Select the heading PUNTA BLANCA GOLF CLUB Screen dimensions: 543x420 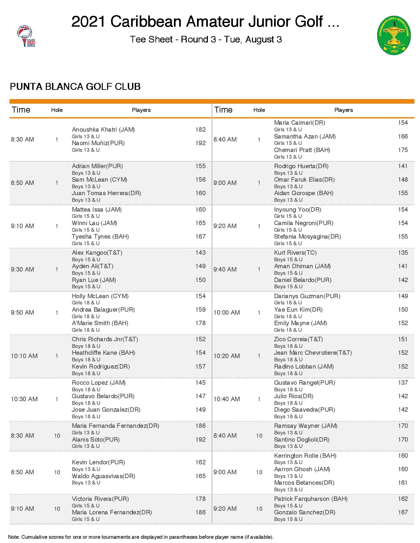pyautogui.click(x=75, y=87)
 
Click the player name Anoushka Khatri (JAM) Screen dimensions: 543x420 pyautogui.click(x=103, y=130)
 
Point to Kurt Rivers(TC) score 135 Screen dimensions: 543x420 pyautogui.click(x=403, y=253)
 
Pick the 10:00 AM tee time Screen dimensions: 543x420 pyautogui.click(x=227, y=313)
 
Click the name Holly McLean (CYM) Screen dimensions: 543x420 pyautogui.click(x=100, y=296)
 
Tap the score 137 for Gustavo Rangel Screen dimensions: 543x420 pyautogui.click(x=403, y=383)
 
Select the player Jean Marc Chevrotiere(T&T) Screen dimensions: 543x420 pyautogui.click(x=313, y=353)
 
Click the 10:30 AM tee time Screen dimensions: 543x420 pyautogui.click(x=24, y=399)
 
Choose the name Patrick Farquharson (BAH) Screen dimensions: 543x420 pyautogui.click(x=311, y=499)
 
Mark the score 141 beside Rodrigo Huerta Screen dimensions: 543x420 pyautogui.click(x=403, y=166)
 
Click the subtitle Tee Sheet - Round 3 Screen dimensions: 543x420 pyautogui.click(x=206, y=39)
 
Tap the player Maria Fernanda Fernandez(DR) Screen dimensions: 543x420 pyautogui.click(x=115, y=426)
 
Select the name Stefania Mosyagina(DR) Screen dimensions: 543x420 pyautogui.click(x=307, y=237)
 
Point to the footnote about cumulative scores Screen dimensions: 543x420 pyautogui.click(x=141, y=537)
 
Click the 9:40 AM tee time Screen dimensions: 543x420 pyautogui.click(x=225, y=270)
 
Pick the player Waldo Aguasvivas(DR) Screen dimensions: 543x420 pyautogui.click(x=103, y=476)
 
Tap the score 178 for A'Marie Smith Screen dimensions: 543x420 pyautogui.click(x=200, y=323)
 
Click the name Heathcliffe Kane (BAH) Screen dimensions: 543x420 pyautogui.click(x=103, y=353)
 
